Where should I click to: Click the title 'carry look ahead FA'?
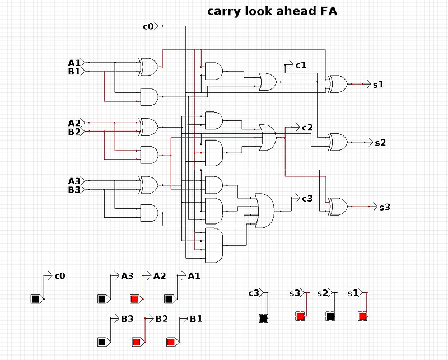272,12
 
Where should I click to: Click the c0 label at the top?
148,26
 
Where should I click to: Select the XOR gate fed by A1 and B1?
148,67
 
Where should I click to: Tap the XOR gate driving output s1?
338,84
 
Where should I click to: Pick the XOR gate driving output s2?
338,142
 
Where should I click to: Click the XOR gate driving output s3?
338,207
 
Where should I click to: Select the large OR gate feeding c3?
264,211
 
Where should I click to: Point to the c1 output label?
301,66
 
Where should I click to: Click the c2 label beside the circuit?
307,128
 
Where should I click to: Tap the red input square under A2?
134,299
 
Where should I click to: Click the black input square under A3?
102,299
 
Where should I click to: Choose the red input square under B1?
171,342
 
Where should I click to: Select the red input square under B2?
136,342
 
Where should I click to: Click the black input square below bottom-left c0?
35,299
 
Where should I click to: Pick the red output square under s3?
300,316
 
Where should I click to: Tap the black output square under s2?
330,316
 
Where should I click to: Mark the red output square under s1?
362,316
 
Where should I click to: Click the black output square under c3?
263,318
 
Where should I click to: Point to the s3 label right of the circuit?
385,207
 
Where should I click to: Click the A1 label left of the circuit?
74,63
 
